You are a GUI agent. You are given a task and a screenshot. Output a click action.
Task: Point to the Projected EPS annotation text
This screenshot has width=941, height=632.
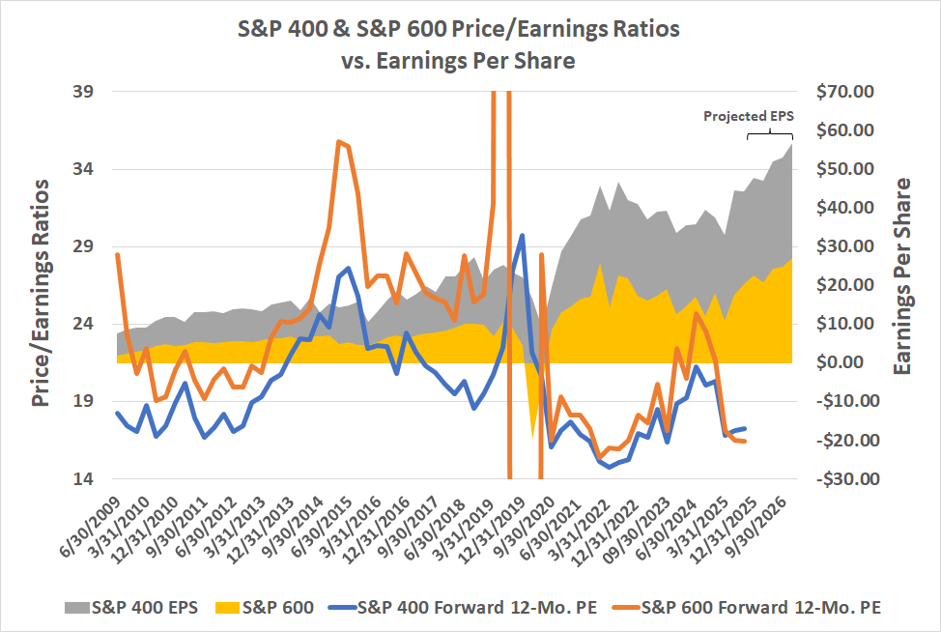[748, 116]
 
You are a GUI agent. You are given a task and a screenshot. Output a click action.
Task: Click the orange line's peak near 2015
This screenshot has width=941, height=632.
[338, 141]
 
